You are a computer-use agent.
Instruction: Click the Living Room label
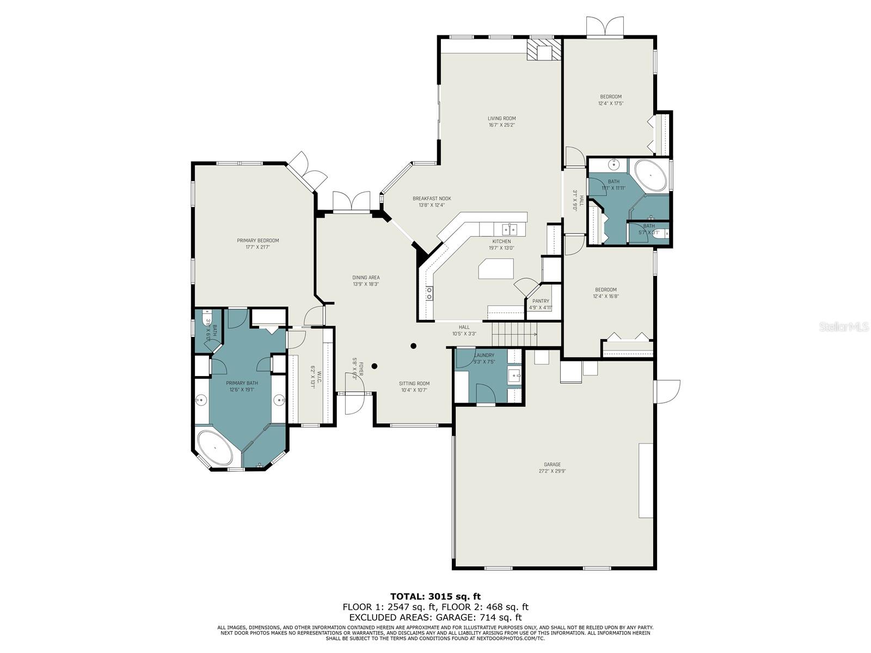[501, 119]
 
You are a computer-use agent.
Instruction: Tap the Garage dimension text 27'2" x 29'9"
[552, 471]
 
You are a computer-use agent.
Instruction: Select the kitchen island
[496, 269]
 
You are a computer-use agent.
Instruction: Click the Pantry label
[541, 301]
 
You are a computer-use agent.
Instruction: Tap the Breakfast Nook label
[432, 199]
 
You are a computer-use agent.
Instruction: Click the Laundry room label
[484, 355]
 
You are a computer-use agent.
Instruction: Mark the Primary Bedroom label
[257, 241]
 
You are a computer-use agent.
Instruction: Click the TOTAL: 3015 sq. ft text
[436, 596]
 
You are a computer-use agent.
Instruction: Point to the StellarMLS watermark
[843, 327]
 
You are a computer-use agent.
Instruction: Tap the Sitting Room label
[414, 384]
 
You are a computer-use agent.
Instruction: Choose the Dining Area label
[366, 278]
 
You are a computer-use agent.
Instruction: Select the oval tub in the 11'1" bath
[651, 175]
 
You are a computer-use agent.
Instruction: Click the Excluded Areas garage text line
[436, 617]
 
